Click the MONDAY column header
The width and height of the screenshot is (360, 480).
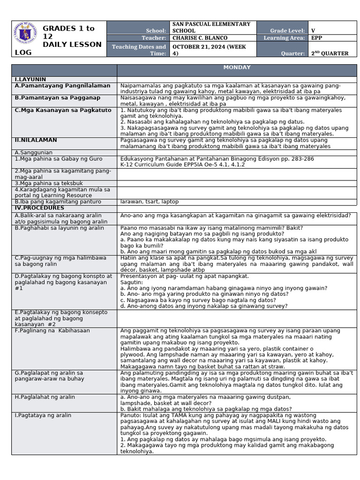237,67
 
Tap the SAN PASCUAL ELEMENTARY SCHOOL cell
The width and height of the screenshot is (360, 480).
211,27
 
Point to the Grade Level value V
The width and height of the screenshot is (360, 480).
313,30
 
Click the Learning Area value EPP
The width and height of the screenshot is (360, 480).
317,38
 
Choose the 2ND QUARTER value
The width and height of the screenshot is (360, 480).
330,53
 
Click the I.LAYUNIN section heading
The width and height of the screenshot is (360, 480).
30,79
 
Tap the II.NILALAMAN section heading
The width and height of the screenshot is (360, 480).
36,140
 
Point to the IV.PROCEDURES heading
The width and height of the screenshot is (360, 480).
39,208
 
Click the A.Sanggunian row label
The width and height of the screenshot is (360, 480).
34,152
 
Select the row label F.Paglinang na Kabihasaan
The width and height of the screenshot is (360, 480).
52,330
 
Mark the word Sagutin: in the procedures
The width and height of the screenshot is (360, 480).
132,282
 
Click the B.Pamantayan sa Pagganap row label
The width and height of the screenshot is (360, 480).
58,97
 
